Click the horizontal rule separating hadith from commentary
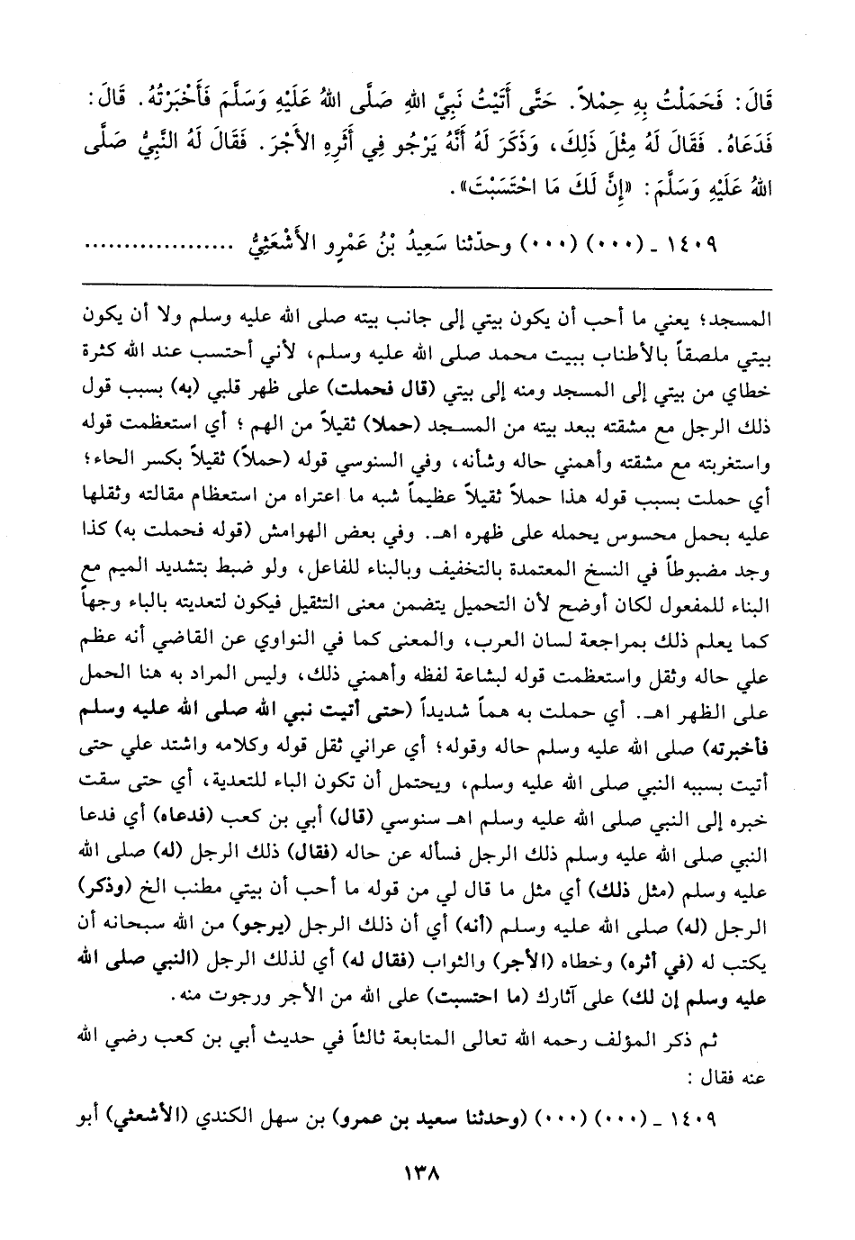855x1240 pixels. click(x=427, y=285)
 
